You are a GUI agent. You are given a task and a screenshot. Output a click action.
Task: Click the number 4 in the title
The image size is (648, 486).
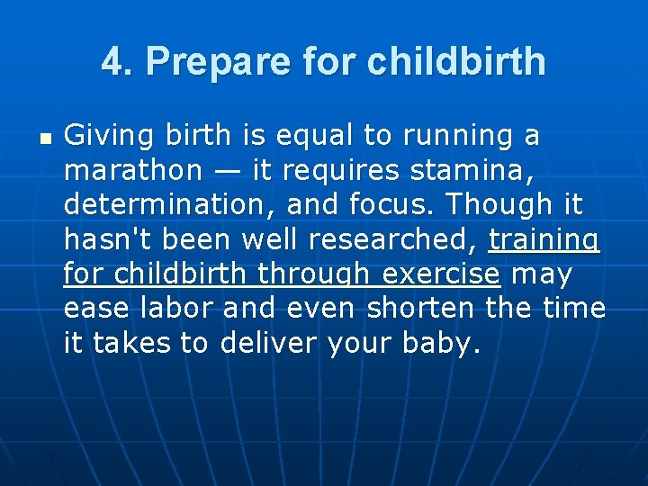[x=111, y=62]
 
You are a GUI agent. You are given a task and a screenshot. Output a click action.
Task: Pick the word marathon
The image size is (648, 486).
[x=132, y=170]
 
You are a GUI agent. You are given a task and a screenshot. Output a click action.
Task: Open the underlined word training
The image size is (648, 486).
[x=544, y=240]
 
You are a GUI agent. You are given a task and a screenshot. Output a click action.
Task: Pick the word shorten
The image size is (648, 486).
[x=421, y=307]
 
